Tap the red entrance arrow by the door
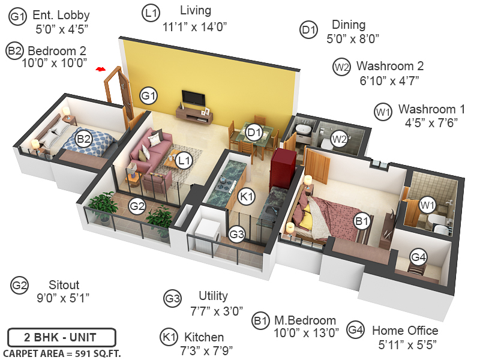[x=101, y=70]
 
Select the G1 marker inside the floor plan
[x=148, y=95]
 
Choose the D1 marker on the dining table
[x=254, y=133]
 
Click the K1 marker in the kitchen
[x=246, y=196]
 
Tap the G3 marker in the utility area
[x=237, y=235]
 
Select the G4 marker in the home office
[x=418, y=257]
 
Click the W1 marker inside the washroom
[x=427, y=205]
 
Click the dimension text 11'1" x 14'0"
[x=194, y=26]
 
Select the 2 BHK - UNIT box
[x=61, y=337]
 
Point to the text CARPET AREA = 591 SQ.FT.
[x=61, y=353]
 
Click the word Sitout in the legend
[x=64, y=285]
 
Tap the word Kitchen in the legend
[x=204, y=337]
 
